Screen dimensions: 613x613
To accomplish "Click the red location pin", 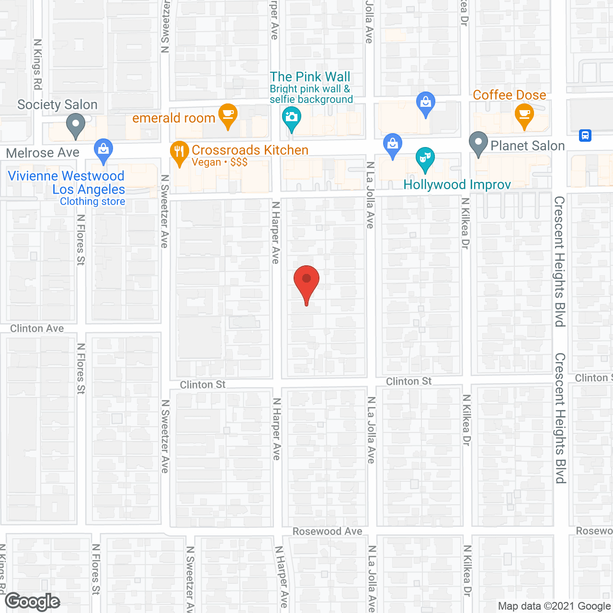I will tap(306, 283).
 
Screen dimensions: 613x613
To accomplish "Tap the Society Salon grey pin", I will tap(75, 125).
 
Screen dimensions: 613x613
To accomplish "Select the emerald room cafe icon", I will tap(228, 115).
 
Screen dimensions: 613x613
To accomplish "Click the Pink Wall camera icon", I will tap(291, 118).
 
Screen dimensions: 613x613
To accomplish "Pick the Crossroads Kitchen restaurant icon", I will tap(179, 153).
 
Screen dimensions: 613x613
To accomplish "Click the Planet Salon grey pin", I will tap(478, 143).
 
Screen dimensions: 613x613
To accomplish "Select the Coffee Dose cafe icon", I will tap(524, 115).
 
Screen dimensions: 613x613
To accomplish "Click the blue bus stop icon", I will tap(585, 136).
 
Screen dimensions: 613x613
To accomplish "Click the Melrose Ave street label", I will tap(43, 153).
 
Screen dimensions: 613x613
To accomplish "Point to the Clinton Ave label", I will tap(37, 329).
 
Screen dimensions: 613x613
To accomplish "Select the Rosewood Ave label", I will tap(328, 531).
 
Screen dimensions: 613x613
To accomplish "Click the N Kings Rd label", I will tap(37, 64).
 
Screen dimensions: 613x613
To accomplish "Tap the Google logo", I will tap(33, 602).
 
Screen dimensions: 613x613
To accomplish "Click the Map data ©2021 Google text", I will tap(555, 606).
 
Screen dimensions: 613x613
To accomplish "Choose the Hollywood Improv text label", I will tap(457, 185).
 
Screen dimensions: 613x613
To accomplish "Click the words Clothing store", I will tap(92, 202).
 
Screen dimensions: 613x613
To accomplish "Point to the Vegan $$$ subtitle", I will tap(219, 162).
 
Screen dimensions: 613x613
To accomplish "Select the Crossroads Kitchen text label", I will tap(250, 150).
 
